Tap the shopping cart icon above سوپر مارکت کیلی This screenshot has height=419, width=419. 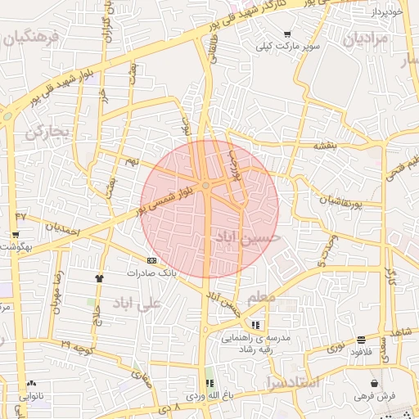pos(287,34)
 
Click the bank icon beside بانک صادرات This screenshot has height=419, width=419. pos(151,260)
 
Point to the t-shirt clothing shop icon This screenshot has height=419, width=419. pos(100,277)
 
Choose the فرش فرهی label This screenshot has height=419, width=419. pos(374,396)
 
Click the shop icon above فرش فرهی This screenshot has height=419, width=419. pos(374,384)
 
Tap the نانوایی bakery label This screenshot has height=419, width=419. pos(33,395)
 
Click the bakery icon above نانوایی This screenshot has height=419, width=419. pos(32,383)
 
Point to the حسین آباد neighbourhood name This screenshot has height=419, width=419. pos(246,237)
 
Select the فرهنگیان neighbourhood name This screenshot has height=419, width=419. pos(32,38)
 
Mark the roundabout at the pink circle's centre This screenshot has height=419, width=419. pos(207,187)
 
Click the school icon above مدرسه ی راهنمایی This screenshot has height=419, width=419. pos(256,325)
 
